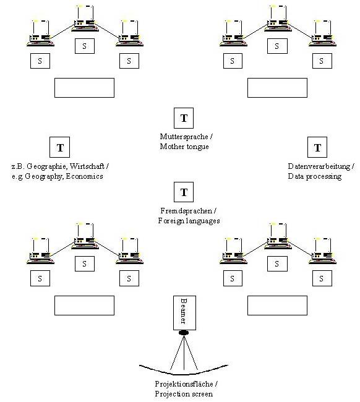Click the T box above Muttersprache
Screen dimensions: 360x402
click(x=184, y=118)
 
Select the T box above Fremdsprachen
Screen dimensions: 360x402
click(x=184, y=192)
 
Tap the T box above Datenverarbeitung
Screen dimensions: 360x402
click(x=317, y=147)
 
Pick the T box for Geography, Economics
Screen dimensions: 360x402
click(x=59, y=147)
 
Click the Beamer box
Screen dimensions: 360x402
click(x=184, y=313)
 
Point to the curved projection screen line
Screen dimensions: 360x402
click(x=184, y=372)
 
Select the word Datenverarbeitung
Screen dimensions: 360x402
click(x=319, y=166)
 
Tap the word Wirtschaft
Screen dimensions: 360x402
click(x=87, y=166)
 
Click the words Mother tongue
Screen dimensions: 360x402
click(x=184, y=147)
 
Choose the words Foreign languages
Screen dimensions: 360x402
click(x=189, y=221)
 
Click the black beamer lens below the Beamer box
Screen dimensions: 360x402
click(x=184, y=333)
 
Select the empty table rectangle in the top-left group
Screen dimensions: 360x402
click(x=84, y=88)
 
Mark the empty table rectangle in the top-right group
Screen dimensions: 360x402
click(x=277, y=88)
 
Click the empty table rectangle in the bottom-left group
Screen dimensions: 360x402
click(x=84, y=306)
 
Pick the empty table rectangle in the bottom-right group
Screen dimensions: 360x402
click(x=277, y=306)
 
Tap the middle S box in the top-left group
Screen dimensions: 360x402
click(x=85, y=46)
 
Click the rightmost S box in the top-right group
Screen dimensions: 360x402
click(x=322, y=61)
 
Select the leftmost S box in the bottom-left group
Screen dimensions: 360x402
click(x=40, y=278)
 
